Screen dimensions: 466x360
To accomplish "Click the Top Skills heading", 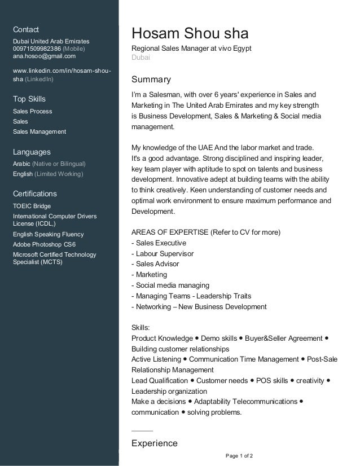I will [29, 99].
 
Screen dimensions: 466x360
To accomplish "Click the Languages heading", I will [32, 152].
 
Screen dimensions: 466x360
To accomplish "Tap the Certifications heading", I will [34, 194].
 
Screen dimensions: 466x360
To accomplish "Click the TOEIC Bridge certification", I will [32, 206].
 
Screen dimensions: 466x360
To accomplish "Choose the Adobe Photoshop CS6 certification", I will [44, 244].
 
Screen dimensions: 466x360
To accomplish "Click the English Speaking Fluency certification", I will [48, 234].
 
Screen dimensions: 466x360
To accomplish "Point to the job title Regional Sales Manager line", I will [191, 49].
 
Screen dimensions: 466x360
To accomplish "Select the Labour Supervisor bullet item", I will [163, 254].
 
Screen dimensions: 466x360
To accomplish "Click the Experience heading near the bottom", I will [154, 443].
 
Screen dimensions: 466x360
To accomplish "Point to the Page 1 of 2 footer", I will [239, 455].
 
